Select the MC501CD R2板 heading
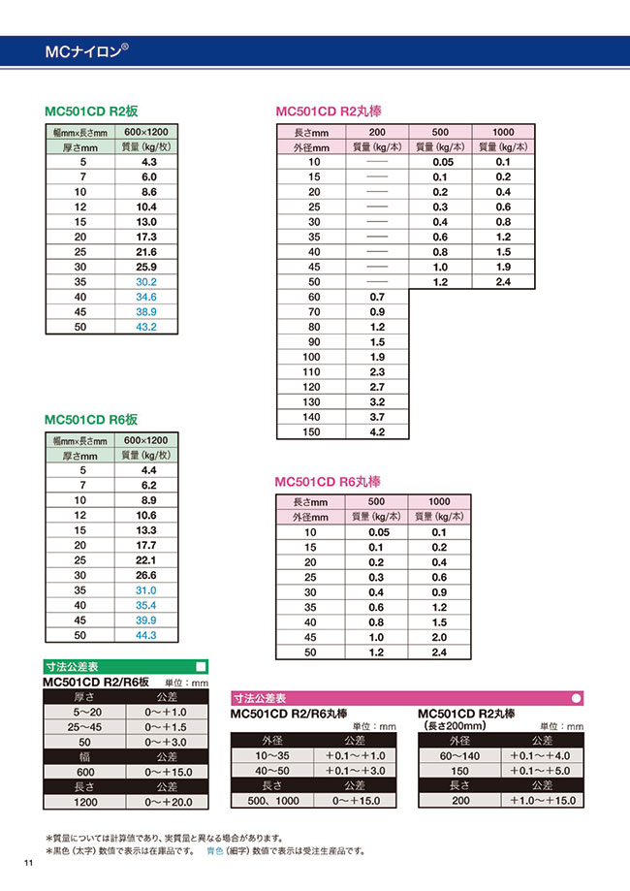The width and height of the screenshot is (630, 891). point(91,111)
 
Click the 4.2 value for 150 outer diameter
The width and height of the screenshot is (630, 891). point(377,432)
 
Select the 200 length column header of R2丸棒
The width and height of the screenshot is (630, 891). point(377,132)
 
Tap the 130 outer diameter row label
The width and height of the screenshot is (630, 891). point(312,401)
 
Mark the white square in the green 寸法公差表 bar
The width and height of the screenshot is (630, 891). point(201,667)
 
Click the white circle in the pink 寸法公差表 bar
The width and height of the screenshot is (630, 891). point(577,697)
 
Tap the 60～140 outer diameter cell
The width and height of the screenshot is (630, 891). point(459,755)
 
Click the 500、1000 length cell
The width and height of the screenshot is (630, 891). point(272,801)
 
